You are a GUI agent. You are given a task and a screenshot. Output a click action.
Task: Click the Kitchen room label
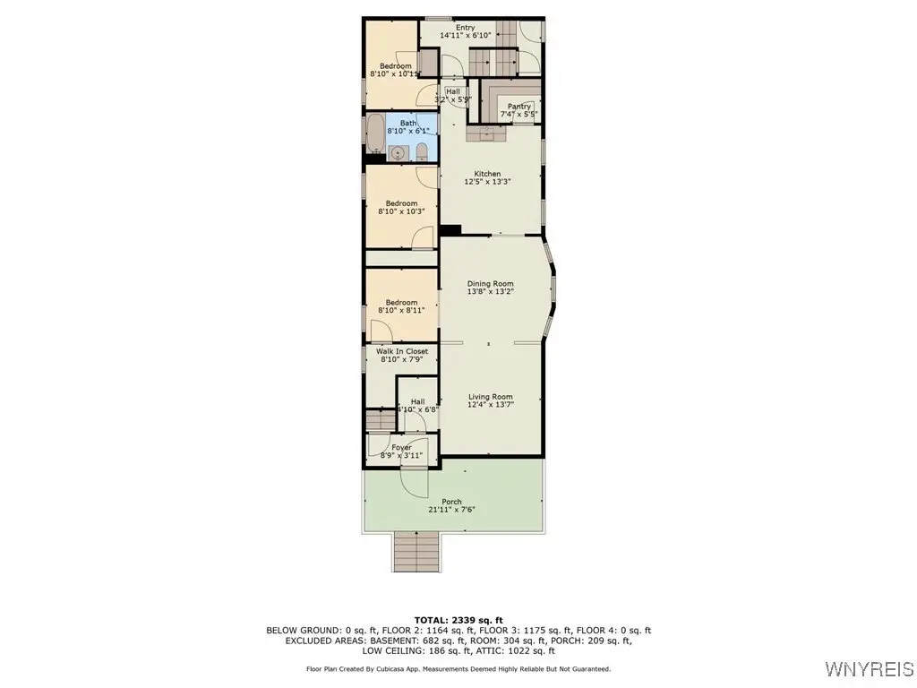(x=488, y=174)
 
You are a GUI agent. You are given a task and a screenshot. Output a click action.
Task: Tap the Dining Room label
(x=490, y=284)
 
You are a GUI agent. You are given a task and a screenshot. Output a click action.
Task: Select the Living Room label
(x=490, y=397)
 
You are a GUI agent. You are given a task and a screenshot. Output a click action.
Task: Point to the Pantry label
(x=519, y=107)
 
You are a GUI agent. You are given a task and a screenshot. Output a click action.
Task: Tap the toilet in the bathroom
(x=422, y=152)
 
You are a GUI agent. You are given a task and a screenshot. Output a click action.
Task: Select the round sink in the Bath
(x=398, y=153)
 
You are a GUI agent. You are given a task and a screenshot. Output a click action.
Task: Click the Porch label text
(x=451, y=502)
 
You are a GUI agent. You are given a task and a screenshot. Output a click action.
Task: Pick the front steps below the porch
(x=416, y=551)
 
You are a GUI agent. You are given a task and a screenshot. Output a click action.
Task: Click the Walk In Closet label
(x=402, y=351)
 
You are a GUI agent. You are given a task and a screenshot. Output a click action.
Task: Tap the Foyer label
(x=402, y=448)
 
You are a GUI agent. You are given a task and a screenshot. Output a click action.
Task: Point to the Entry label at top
(x=466, y=28)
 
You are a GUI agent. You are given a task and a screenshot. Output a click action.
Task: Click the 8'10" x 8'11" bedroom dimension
(x=401, y=311)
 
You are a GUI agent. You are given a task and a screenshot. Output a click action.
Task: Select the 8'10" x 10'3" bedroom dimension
(x=401, y=211)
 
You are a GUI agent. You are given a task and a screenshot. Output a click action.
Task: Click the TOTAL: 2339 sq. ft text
(x=458, y=620)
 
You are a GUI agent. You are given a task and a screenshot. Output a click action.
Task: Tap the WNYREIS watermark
(x=870, y=668)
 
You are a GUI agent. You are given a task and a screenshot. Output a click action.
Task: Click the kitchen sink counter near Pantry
(x=486, y=133)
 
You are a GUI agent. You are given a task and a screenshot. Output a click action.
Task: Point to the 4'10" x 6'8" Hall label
(x=417, y=409)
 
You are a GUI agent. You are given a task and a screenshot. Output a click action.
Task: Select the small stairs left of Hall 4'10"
(x=381, y=420)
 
